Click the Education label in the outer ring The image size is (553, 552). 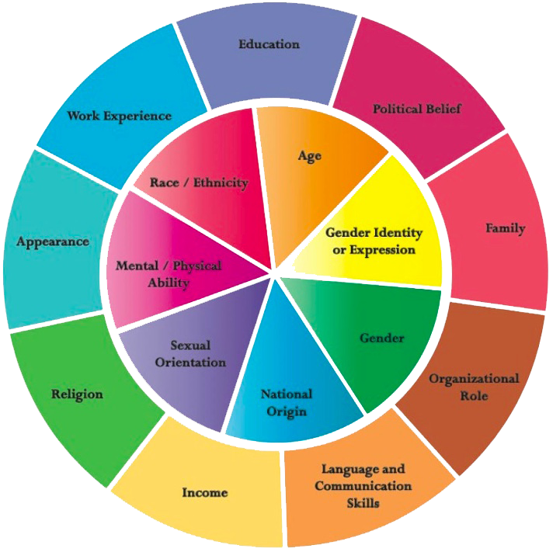[x=269, y=44]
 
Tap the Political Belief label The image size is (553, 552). [x=416, y=109]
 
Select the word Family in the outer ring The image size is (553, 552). [x=505, y=228]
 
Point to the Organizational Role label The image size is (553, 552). [x=474, y=387]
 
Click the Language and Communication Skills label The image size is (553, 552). [x=363, y=486]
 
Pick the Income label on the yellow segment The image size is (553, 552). [x=205, y=492]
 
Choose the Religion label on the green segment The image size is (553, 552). [x=77, y=394]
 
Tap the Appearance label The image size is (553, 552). [x=53, y=241]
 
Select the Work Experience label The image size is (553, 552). [x=119, y=116]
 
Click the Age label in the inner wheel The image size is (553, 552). [x=309, y=156]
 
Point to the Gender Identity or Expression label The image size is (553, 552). [x=374, y=241]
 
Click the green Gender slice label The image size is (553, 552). [x=381, y=338]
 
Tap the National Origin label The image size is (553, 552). [x=286, y=402]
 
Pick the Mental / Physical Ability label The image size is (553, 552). [x=169, y=274]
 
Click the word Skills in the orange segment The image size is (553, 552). [x=363, y=502]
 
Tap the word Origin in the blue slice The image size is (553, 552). [x=286, y=411]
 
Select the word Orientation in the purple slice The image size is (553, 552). [x=190, y=362]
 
